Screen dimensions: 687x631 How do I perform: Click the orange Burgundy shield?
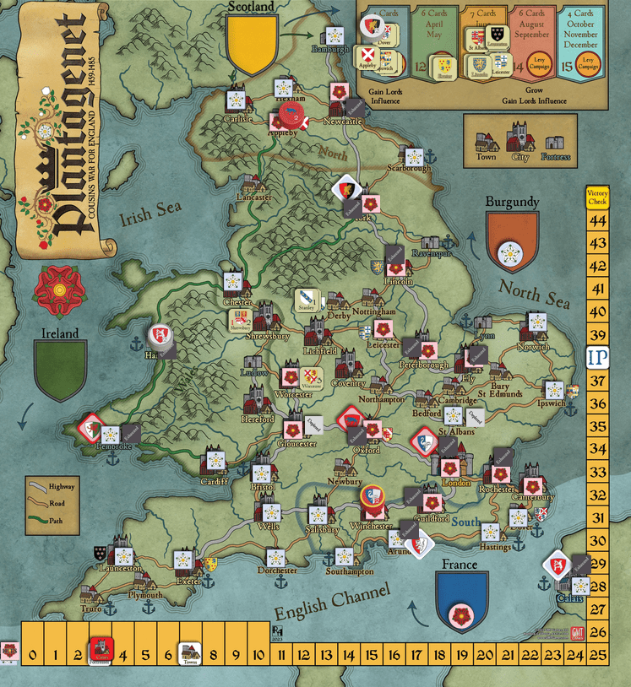tap(512, 241)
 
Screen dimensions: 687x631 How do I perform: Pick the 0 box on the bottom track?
tap(32, 652)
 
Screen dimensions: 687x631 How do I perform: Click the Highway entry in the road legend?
tap(62, 486)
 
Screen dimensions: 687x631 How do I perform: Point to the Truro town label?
tap(91, 609)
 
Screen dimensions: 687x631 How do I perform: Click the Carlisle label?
tap(239, 119)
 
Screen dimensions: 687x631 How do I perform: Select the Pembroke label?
tap(115, 446)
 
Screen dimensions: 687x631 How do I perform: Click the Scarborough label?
tap(410, 168)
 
